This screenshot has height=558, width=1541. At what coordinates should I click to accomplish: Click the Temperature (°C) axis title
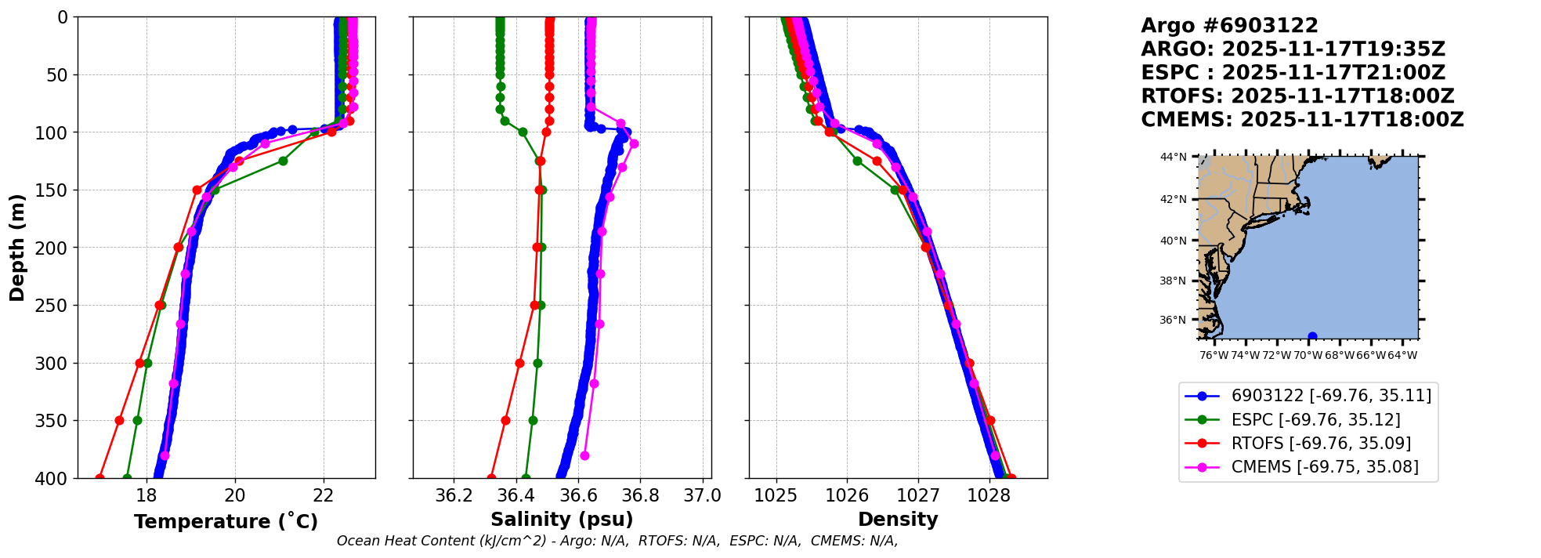click(x=226, y=521)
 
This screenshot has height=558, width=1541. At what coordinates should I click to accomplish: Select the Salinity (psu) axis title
click(x=562, y=520)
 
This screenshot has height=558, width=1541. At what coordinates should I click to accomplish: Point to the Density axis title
click(x=898, y=520)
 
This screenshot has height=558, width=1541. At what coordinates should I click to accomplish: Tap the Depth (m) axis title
click(x=17, y=248)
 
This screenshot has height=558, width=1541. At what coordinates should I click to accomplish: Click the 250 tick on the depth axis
click(x=56, y=306)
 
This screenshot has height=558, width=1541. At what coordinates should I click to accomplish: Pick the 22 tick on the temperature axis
click(x=324, y=495)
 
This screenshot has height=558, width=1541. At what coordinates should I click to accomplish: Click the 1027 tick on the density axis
click(x=918, y=495)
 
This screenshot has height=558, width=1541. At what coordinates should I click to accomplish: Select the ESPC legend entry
click(x=1315, y=420)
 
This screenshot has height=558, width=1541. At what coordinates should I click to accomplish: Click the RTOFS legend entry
click(x=1321, y=444)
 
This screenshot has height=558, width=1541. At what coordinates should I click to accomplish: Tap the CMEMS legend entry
click(x=1324, y=467)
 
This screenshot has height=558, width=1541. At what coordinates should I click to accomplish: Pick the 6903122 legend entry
click(x=1330, y=396)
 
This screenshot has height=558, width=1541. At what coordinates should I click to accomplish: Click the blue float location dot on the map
click(x=1312, y=336)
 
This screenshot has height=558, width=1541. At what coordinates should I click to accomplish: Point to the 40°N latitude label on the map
click(x=1173, y=241)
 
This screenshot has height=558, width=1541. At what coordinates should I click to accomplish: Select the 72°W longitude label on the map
click(x=1276, y=355)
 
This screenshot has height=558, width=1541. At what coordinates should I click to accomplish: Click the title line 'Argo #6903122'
click(x=1229, y=26)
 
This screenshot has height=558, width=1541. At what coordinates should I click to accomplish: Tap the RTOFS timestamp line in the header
click(x=1297, y=96)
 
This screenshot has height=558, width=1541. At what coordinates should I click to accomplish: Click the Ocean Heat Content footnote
click(x=617, y=541)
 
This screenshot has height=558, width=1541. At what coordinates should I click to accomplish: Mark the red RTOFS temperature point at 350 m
click(x=119, y=420)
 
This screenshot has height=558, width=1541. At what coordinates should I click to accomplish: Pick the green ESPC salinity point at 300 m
click(x=537, y=363)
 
